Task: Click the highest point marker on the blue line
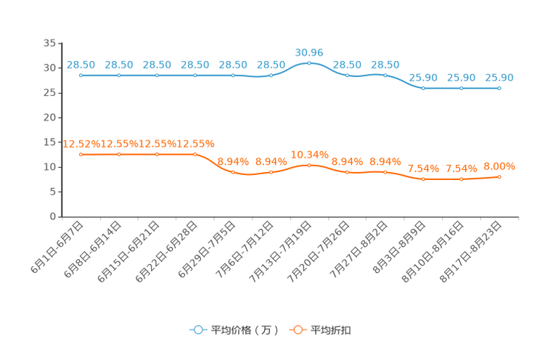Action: pyautogui.click(x=309, y=63)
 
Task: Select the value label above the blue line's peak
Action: pyautogui.click(x=309, y=52)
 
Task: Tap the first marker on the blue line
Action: pyautogui.click(x=81, y=75)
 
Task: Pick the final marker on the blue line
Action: pyautogui.click(x=499, y=88)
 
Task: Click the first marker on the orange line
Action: pyautogui.click(x=81, y=155)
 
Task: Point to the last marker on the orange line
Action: pyautogui.click(x=499, y=176)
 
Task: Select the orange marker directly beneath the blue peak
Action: pyautogui.click(x=309, y=165)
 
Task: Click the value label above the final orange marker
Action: pyautogui.click(x=499, y=166)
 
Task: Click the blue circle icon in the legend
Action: pyautogui.click(x=198, y=330)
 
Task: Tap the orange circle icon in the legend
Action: pyautogui.click(x=297, y=330)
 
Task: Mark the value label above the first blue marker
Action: pyautogui.click(x=81, y=65)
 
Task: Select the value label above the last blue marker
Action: pyautogui.click(x=499, y=77)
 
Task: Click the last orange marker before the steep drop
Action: pyautogui.click(x=195, y=155)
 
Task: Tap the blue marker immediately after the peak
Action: pyautogui.click(x=348, y=75)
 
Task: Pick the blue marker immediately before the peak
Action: pyautogui.click(x=271, y=75)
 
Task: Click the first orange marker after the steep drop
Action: pyautogui.click(x=233, y=172)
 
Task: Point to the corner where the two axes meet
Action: pyautogui.click(x=62, y=216)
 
